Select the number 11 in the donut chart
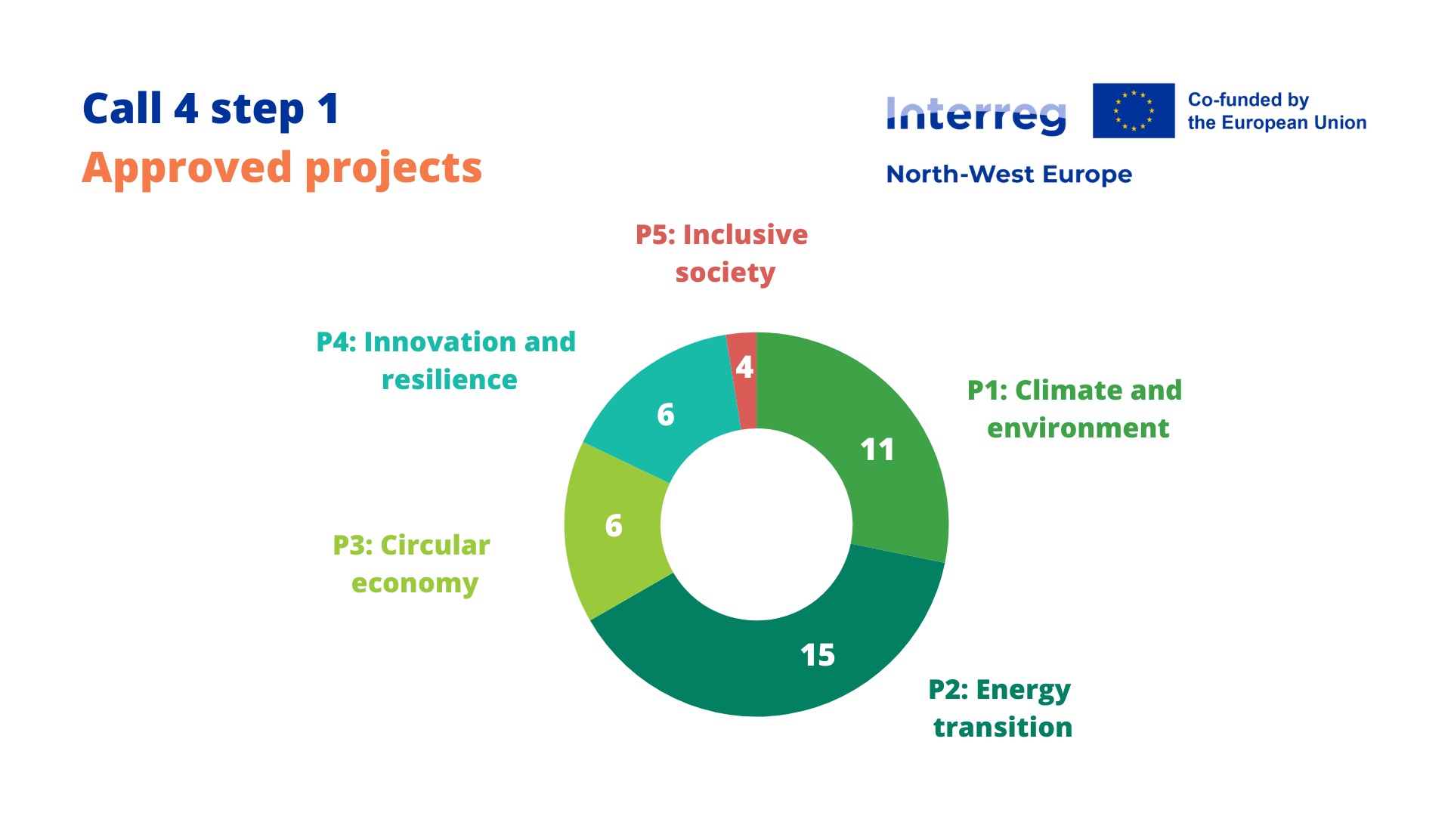point(877,450)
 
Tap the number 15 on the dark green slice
point(818,655)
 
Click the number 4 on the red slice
point(744,367)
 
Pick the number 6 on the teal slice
point(665,415)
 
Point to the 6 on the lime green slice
point(614,526)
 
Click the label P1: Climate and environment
point(1075,409)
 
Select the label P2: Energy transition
point(1000,708)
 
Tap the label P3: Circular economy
point(413,564)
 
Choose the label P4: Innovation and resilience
point(447,360)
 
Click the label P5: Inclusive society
point(722,253)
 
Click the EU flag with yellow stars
point(1134,110)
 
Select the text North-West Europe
point(1009,175)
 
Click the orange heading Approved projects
point(282,168)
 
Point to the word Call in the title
point(122,109)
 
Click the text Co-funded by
point(1248,100)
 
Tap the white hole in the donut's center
point(756,524)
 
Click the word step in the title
point(257,110)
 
